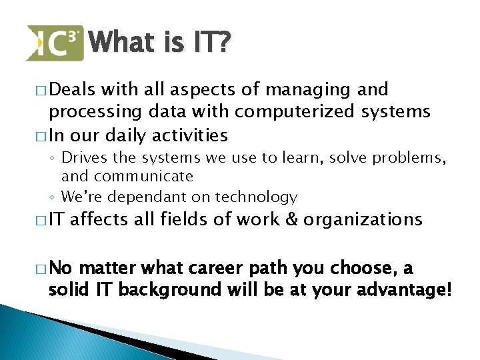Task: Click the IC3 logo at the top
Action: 55,43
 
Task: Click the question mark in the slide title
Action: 223,43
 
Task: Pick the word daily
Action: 123,135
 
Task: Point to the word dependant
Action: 146,197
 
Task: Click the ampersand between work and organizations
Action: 290,219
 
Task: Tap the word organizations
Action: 363,219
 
